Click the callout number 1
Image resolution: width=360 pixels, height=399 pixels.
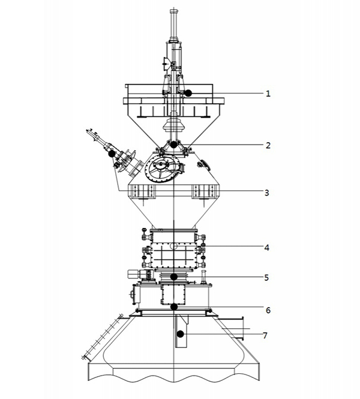[x=268, y=94]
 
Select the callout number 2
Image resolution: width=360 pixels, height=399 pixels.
[x=268, y=145]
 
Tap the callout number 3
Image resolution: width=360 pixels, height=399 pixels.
[x=266, y=193]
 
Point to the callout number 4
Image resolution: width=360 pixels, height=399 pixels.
[x=266, y=247]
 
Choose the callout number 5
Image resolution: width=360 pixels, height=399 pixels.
[x=266, y=277]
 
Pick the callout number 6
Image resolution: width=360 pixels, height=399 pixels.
[x=268, y=310]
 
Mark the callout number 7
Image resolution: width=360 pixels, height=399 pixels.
[x=265, y=335]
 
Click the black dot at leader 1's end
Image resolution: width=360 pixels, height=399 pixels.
[x=188, y=93]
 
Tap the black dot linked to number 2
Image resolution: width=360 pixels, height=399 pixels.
[x=173, y=145]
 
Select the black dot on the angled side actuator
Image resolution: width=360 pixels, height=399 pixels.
[x=112, y=154]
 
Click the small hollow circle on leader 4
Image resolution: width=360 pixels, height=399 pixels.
[x=174, y=246]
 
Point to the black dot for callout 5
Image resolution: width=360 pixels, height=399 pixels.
[x=174, y=277]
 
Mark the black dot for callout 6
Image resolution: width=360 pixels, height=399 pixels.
[x=174, y=307]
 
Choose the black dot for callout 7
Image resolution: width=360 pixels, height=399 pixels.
[x=180, y=334]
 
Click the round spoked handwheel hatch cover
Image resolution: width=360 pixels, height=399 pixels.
[x=161, y=168]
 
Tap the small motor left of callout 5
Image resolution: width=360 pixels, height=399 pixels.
[x=133, y=274]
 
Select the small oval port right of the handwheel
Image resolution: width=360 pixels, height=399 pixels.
[x=204, y=164]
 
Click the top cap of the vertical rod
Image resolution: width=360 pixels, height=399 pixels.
[x=173, y=12]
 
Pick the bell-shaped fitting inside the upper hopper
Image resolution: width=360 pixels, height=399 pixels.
[x=173, y=125]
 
